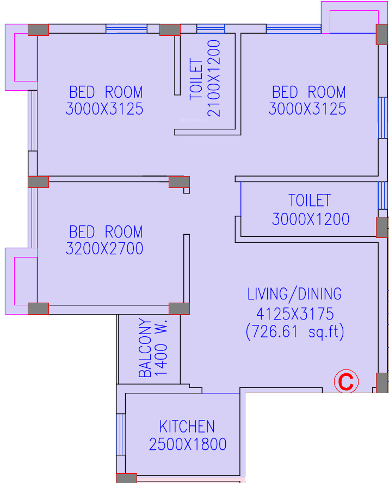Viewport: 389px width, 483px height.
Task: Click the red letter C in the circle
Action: (346, 381)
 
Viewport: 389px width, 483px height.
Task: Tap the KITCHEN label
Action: (187, 426)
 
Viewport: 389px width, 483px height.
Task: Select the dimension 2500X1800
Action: (188, 444)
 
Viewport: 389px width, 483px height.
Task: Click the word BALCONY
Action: (145, 348)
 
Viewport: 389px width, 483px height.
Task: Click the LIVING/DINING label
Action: (294, 294)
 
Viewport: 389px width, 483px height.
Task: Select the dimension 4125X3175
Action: (295, 314)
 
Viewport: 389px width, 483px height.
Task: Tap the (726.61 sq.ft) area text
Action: (295, 332)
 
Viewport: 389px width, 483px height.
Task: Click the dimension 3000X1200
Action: (311, 219)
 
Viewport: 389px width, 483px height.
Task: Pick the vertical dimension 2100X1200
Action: (214, 78)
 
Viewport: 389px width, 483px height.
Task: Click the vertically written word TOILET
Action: (196, 79)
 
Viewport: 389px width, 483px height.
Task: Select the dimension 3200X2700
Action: (104, 248)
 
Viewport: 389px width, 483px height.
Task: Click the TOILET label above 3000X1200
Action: (310, 200)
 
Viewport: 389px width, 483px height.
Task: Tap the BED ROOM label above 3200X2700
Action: (106, 231)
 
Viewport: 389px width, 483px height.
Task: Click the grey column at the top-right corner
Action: (382, 35)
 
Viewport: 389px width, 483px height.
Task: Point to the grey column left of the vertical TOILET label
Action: (170, 30)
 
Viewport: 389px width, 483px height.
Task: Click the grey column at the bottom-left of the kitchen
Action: (126, 478)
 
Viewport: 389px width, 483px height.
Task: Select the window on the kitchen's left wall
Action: (121, 434)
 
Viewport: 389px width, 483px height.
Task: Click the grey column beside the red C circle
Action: (382, 382)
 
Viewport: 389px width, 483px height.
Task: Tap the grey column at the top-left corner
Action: (38, 30)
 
